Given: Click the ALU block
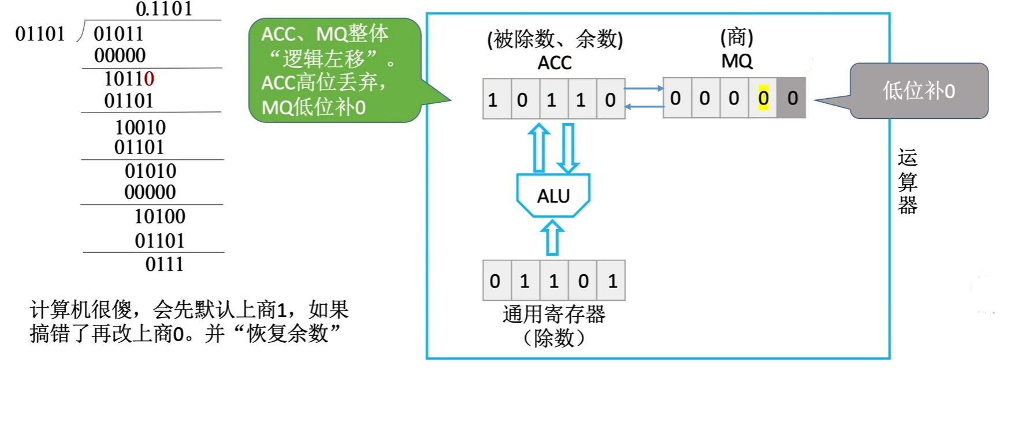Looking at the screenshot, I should (553, 196).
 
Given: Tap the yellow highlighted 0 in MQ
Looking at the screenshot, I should (763, 99).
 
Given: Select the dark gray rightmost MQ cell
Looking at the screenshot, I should (791, 99).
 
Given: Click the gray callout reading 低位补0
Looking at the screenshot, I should (919, 91).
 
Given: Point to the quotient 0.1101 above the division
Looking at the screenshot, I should (164, 9).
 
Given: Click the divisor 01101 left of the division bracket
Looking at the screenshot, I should (40, 34).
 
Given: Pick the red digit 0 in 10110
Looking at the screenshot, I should (149, 78).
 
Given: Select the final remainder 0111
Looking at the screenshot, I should (164, 264).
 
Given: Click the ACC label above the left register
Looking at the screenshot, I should (554, 63).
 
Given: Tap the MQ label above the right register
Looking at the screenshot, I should (737, 61).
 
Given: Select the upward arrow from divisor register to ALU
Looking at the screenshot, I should (552, 237).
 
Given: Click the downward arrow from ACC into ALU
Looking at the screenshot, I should (568, 148).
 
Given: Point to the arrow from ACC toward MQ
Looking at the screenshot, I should (644, 88).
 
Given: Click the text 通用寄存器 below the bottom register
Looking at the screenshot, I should (553, 315).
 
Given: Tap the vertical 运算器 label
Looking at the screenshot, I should (907, 181).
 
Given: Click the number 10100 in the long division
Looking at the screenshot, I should (159, 217).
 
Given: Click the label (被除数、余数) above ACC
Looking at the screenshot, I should (555, 39).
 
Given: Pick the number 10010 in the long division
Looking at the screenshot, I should (140, 128).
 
